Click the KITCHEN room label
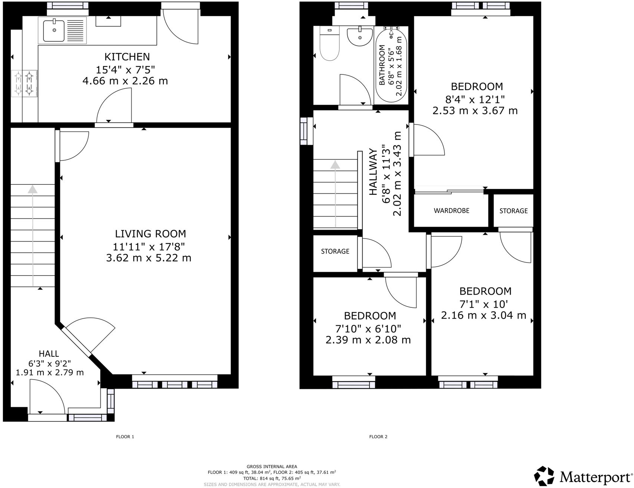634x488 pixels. (127, 57)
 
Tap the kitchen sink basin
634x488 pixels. (54, 31)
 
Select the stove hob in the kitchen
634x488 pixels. (24, 83)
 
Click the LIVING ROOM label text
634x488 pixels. (150, 234)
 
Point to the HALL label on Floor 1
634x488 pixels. (49, 353)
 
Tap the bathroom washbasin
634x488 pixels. (360, 37)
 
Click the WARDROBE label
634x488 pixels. (451, 211)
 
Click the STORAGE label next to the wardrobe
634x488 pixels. (513, 211)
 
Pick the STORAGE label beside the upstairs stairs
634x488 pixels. (335, 251)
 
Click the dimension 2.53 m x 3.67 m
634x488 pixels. (475, 111)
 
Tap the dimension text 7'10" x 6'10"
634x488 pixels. (368, 329)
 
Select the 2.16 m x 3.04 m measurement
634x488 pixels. (484, 315)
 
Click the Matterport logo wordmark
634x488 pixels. (595, 478)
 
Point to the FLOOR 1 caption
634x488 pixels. (125, 436)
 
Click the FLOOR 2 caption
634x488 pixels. (378, 436)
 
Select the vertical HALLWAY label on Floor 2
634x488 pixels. (373, 172)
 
